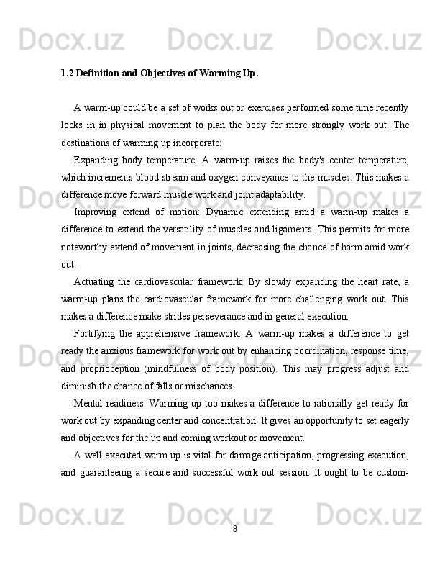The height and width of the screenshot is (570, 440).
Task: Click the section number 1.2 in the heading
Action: pos(67,73)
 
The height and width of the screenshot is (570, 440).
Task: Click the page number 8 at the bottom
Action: pos(235,530)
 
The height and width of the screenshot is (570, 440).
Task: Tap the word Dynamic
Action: pos(223,212)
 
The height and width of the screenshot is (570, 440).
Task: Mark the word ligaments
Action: pos(286,229)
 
